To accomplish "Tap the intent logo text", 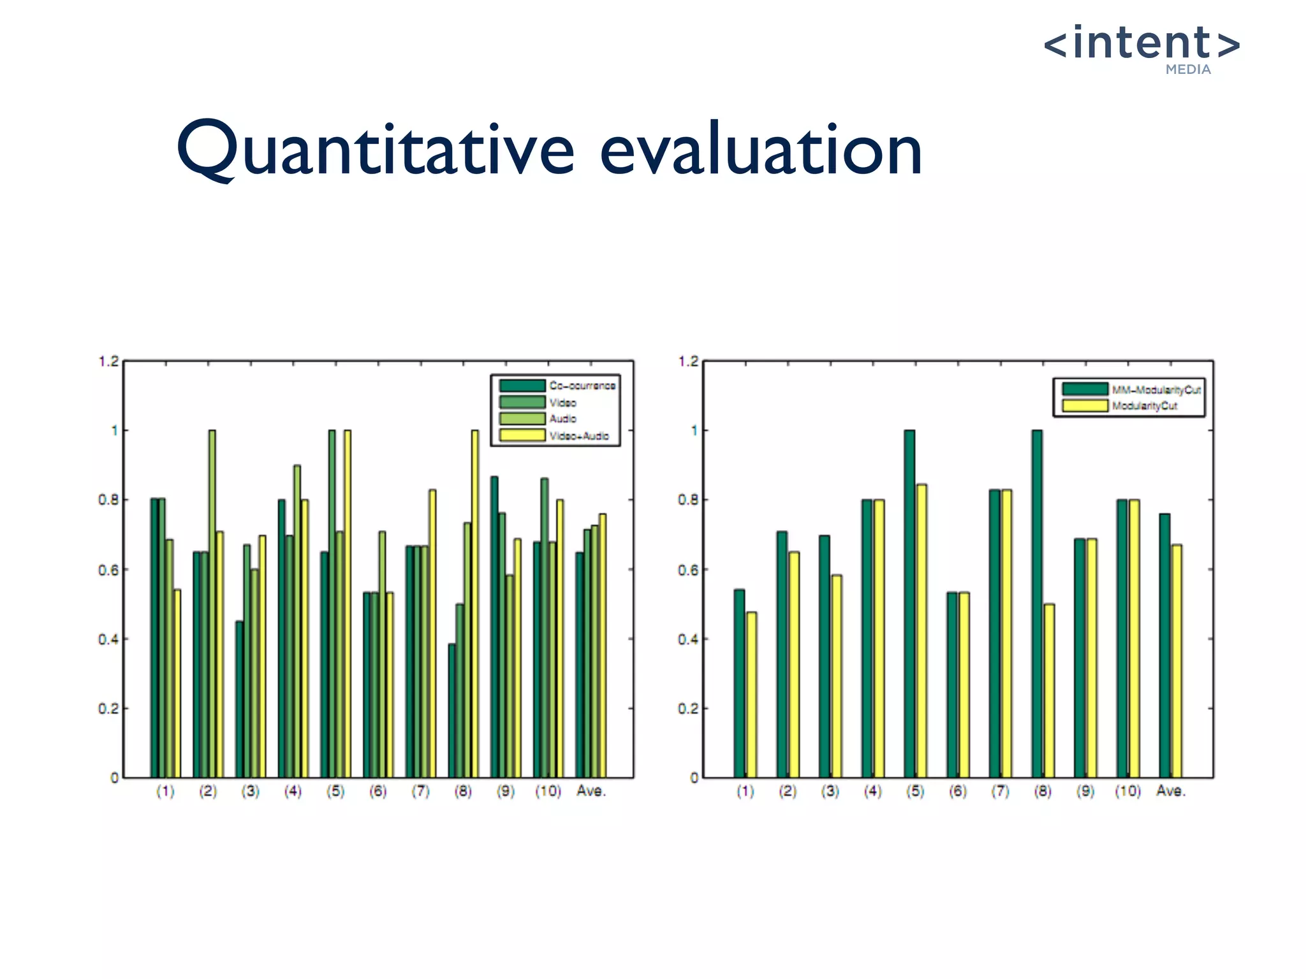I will [x=1141, y=43].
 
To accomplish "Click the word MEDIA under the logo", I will [x=1188, y=70].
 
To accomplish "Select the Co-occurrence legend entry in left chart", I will [x=582, y=386].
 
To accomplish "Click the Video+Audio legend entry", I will [x=579, y=436].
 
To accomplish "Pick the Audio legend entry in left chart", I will [x=563, y=419].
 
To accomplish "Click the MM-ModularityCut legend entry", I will [x=1156, y=389].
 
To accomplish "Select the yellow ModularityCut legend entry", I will [x=1145, y=406].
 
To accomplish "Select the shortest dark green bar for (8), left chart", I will [x=451, y=711].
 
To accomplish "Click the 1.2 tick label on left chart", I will [x=108, y=361].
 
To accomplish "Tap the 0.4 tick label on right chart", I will [x=689, y=639].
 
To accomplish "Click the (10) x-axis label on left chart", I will [x=548, y=791].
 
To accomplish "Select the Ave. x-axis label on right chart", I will [x=1171, y=791].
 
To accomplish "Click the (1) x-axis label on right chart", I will [x=745, y=791].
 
